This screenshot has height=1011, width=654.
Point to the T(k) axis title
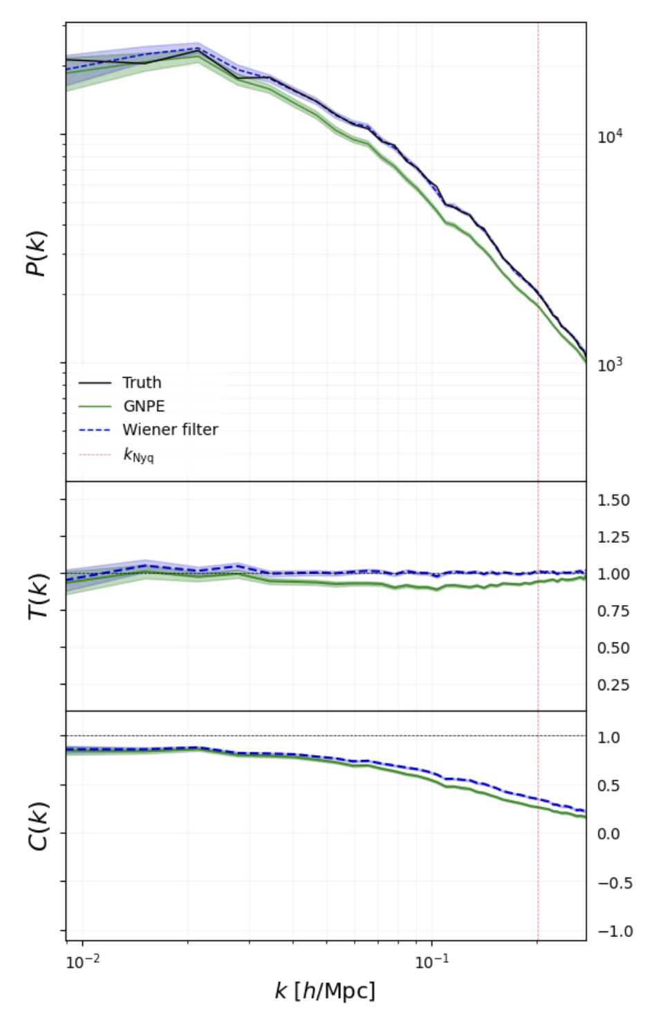click(37, 597)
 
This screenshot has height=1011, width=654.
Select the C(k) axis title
click(37, 826)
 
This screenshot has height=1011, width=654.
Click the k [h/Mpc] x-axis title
click(325, 991)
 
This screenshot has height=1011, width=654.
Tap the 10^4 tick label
click(610, 136)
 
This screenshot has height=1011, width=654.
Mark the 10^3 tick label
click(610, 364)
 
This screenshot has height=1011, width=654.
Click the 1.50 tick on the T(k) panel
click(613, 500)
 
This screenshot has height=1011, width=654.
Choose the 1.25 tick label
click(613, 537)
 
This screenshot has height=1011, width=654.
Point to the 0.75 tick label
click(613, 611)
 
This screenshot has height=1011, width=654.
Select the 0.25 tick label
click(613, 685)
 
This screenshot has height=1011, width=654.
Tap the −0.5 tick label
click(615, 883)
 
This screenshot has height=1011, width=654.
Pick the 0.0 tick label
click(608, 834)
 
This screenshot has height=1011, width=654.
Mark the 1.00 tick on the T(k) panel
click(613, 574)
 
